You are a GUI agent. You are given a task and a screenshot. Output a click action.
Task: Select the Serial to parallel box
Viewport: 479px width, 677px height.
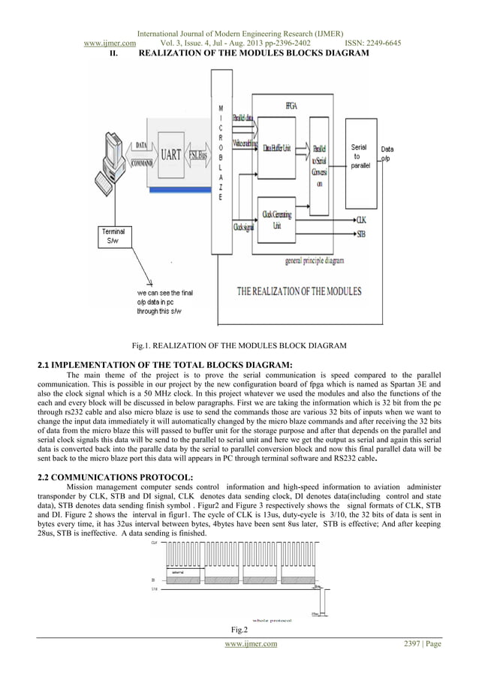360,156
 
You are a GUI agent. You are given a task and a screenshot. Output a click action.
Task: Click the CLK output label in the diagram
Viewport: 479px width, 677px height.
361,220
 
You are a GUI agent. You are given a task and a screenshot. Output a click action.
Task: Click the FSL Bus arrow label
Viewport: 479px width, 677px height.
199,155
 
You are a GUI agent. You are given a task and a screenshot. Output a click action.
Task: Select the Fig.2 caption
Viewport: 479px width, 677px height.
239,629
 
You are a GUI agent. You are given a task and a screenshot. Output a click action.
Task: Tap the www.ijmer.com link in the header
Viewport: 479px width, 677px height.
109,43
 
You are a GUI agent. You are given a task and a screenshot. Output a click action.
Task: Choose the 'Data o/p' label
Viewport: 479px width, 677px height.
387,154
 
